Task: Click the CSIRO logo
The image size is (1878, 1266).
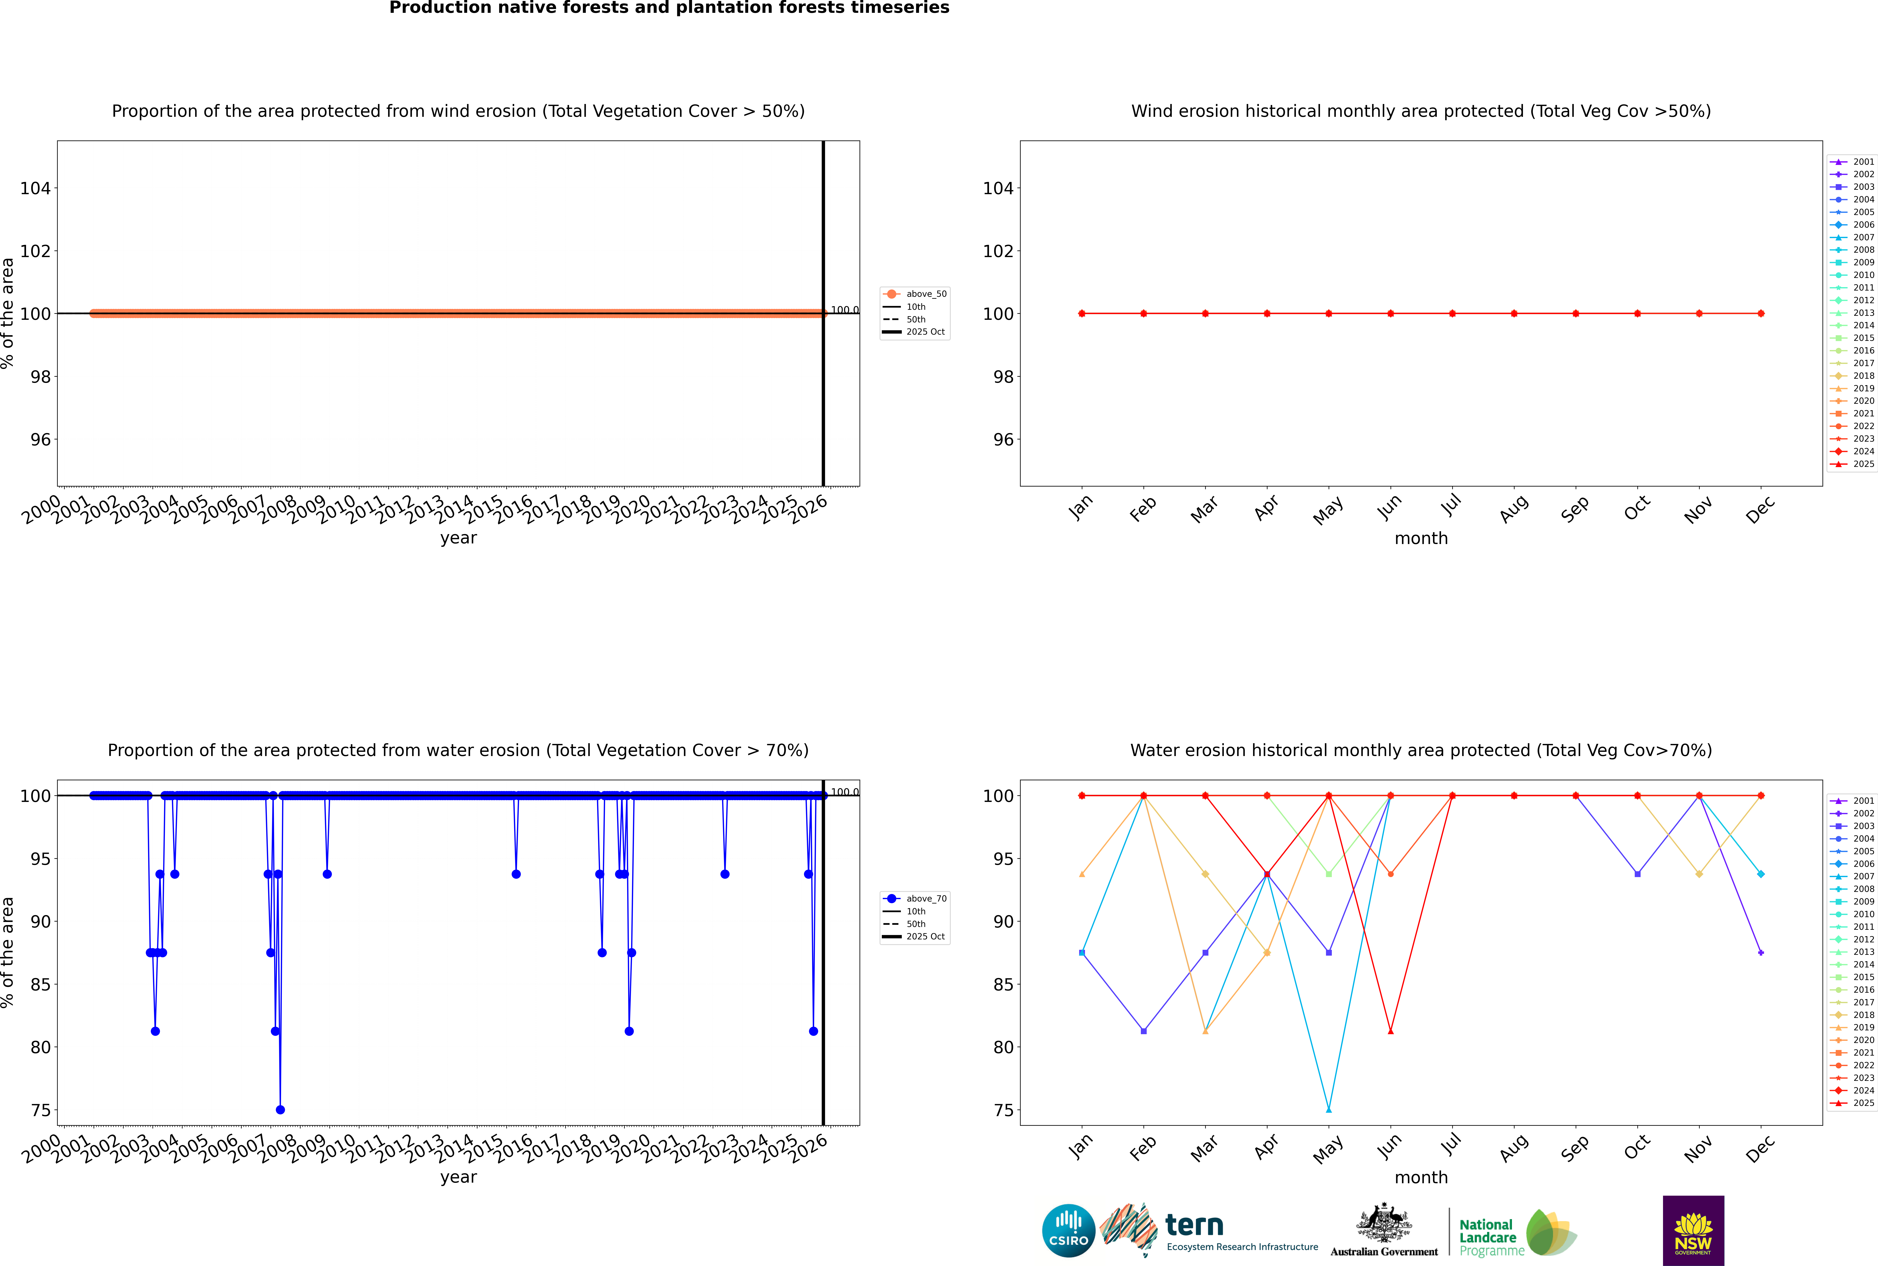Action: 1068,1231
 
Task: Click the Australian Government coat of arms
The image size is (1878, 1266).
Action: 1384,1225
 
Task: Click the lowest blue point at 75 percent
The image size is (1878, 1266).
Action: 280,1109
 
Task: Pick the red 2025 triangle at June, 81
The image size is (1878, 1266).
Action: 1390,1031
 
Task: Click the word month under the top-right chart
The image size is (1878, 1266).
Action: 1421,539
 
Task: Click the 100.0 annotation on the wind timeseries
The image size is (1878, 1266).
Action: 844,310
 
